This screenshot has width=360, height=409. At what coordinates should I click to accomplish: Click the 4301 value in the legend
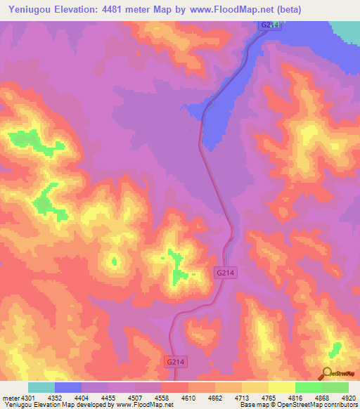[23, 398]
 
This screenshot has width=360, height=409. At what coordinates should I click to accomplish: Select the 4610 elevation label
[188, 398]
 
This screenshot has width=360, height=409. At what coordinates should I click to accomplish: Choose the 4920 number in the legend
[349, 398]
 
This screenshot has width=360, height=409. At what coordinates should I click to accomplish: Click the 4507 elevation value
[136, 398]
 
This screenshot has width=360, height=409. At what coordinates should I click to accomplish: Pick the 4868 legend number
[322, 398]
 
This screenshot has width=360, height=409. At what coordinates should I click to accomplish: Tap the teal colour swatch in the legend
[41, 387]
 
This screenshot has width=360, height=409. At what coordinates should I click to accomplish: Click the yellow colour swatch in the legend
[281, 387]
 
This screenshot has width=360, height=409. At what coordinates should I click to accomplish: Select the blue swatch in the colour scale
[67, 387]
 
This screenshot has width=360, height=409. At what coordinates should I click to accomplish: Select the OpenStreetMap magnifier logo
[328, 374]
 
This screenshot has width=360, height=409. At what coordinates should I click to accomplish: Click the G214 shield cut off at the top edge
[270, 25]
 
